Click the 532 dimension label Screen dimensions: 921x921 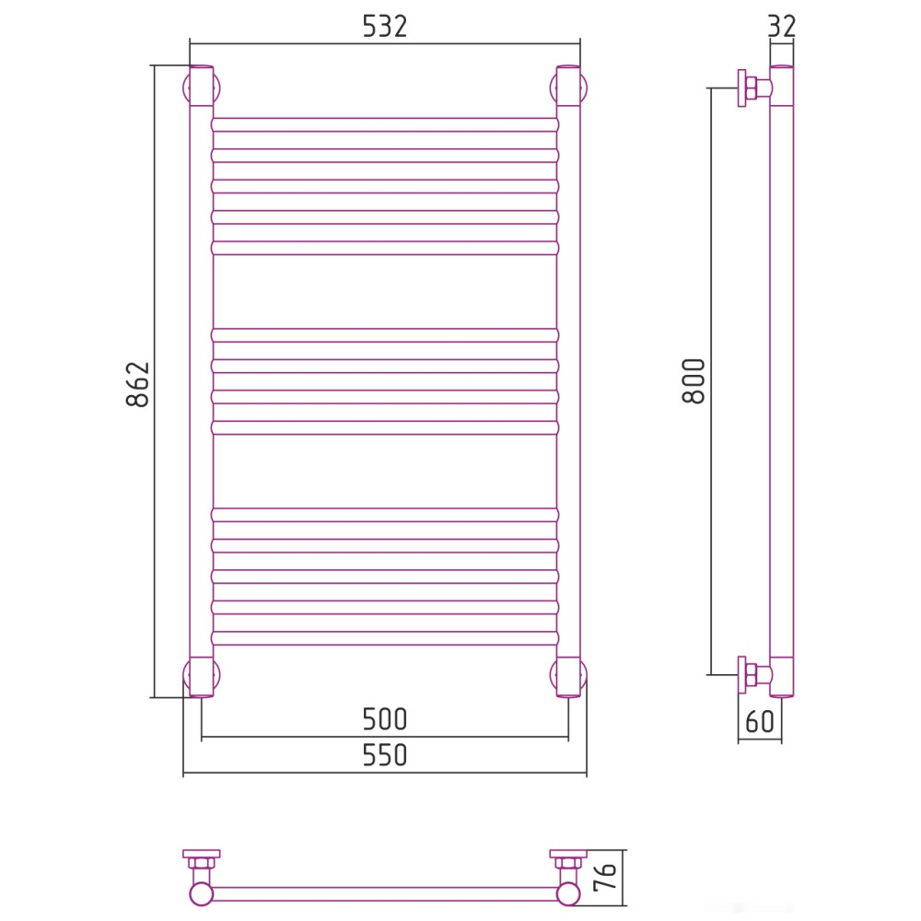tap(385, 27)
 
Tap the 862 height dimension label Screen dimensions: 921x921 tap(138, 385)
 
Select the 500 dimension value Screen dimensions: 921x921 tap(385, 719)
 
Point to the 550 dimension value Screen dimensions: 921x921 tap(385, 755)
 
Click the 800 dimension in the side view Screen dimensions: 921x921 tap(694, 381)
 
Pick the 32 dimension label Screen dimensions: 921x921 tap(782, 27)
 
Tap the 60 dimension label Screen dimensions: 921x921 tap(760, 722)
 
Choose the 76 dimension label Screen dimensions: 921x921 tap(605, 878)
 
